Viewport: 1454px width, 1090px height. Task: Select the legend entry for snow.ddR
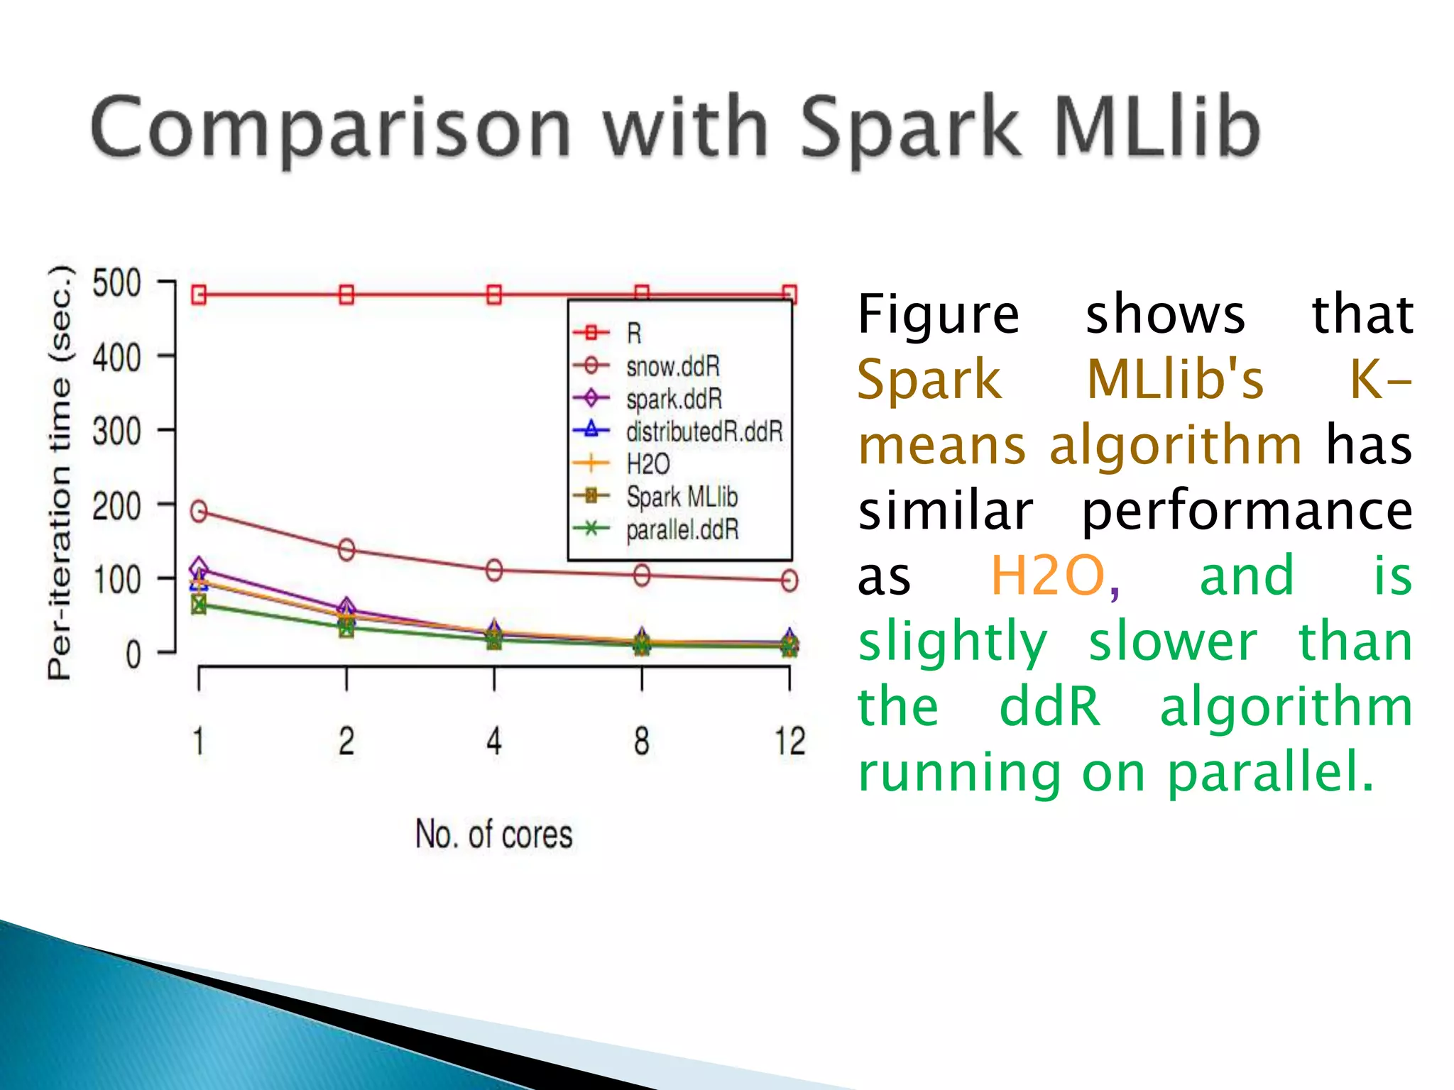pyautogui.click(x=672, y=367)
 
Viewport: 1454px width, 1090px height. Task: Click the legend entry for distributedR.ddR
pyautogui.click(x=703, y=431)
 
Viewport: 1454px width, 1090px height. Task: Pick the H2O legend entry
pyautogui.click(x=647, y=464)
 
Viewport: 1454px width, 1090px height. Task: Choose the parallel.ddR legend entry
pyautogui.click(x=682, y=529)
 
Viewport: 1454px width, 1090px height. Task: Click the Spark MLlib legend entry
pyautogui.click(x=682, y=497)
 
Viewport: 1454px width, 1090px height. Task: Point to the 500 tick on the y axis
pyautogui.click(x=117, y=283)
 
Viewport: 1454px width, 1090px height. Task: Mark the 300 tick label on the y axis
pyautogui.click(x=117, y=431)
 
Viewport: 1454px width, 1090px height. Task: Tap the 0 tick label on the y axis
pyautogui.click(x=133, y=654)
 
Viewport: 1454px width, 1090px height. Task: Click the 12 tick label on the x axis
pyautogui.click(x=789, y=742)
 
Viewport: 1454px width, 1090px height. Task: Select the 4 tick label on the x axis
pyautogui.click(x=494, y=742)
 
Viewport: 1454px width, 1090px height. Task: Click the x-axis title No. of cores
pyautogui.click(x=493, y=834)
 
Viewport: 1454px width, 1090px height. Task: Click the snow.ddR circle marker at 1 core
pyautogui.click(x=199, y=511)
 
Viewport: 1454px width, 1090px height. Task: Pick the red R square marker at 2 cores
pyautogui.click(x=346, y=294)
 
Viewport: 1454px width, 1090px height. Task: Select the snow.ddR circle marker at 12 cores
pyautogui.click(x=789, y=580)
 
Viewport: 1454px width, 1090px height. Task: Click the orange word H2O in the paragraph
pyautogui.click(x=1047, y=576)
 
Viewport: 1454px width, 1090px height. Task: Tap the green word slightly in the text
pyautogui.click(x=952, y=641)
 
